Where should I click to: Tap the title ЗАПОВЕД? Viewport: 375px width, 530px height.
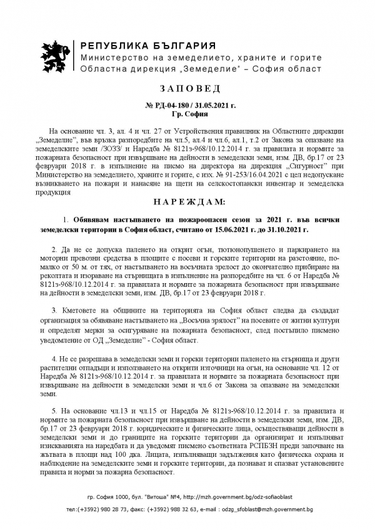coord(186,89)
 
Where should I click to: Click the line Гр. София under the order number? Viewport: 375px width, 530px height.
coord(186,115)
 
